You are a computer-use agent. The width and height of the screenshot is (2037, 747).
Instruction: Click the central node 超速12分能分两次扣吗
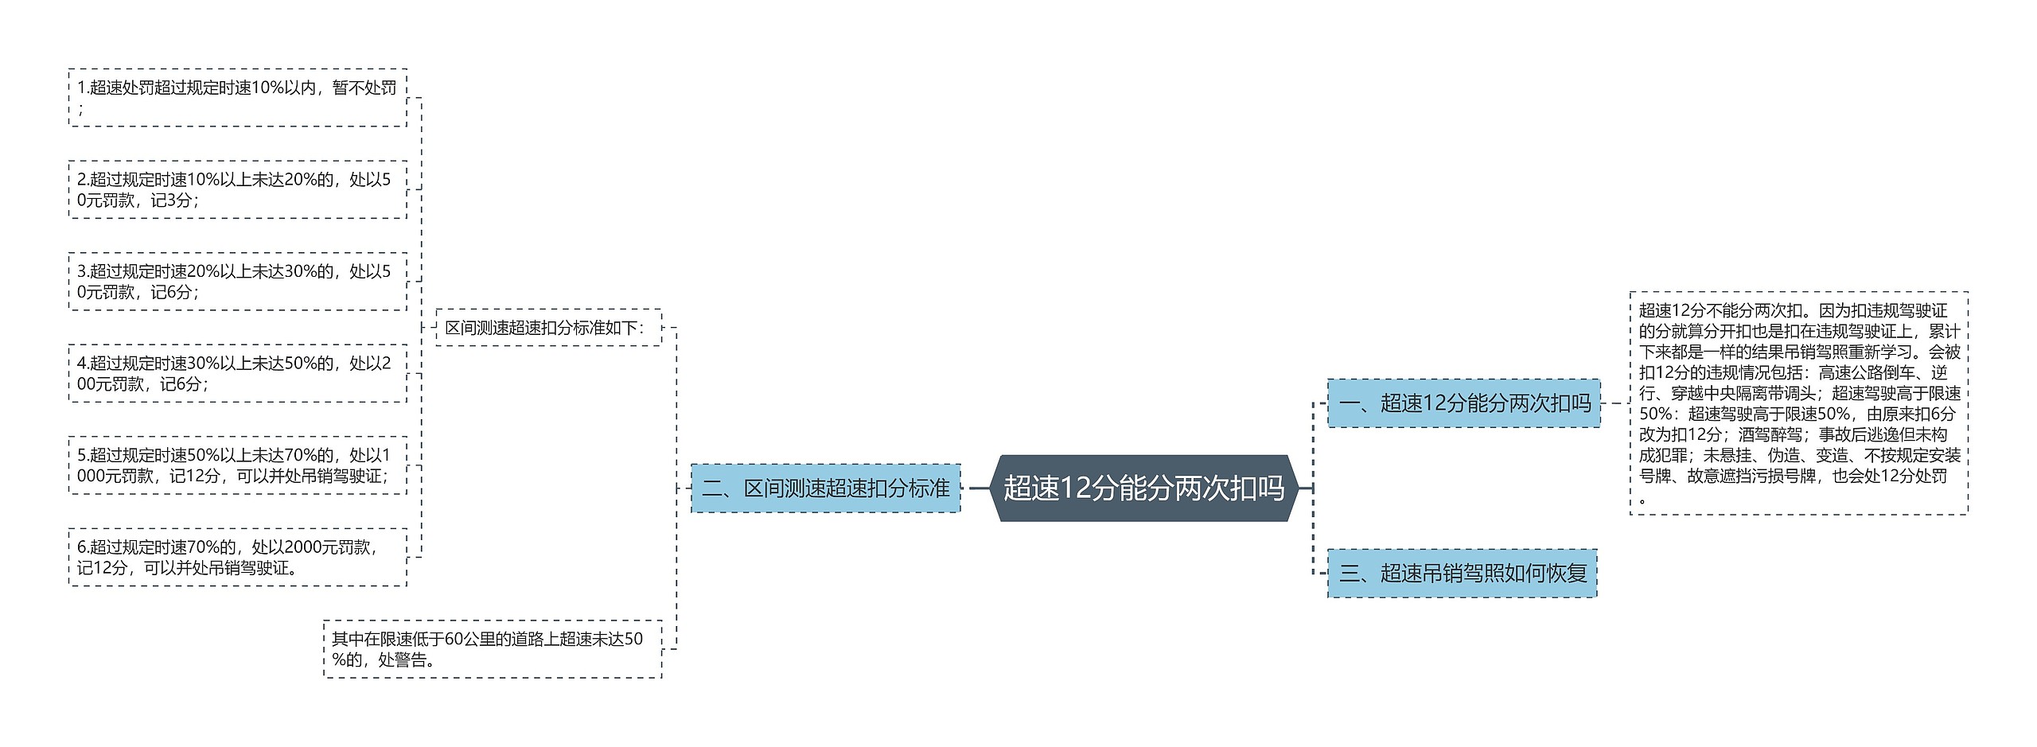point(1143,488)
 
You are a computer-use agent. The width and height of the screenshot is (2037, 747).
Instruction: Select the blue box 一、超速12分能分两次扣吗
point(1463,403)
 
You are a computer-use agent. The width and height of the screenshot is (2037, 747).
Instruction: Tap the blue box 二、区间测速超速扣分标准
point(825,488)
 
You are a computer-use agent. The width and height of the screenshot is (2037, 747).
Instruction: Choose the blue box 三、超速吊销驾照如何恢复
point(1462,573)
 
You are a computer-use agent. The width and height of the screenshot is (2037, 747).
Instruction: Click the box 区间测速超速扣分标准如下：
point(548,327)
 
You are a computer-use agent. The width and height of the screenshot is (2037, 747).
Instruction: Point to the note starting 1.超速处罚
point(237,97)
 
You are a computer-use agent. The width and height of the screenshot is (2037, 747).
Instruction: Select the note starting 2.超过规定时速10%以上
point(237,189)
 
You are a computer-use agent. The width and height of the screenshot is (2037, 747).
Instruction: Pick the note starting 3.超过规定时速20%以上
point(237,281)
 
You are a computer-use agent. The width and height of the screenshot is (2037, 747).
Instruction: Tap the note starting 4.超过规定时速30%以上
point(237,373)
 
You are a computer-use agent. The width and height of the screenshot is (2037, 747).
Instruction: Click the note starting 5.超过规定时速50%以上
point(237,465)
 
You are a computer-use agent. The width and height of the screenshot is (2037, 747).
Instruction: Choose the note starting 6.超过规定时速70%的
point(237,557)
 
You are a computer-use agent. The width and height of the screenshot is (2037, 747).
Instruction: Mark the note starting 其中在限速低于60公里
point(493,649)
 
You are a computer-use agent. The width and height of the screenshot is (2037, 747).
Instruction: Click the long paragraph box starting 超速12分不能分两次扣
point(1798,403)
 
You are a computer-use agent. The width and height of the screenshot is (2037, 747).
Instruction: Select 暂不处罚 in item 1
point(364,88)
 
